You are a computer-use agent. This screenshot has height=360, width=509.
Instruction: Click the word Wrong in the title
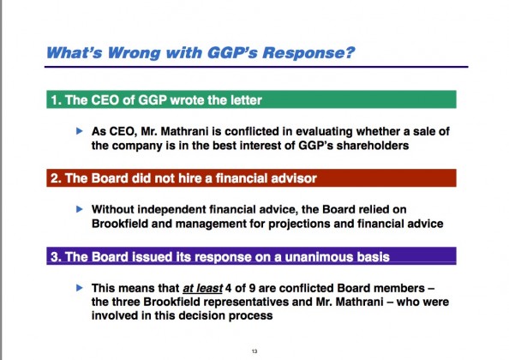click(134, 53)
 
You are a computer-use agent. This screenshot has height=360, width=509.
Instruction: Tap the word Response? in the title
click(308, 53)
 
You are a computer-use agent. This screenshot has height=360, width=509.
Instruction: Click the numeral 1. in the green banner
click(56, 100)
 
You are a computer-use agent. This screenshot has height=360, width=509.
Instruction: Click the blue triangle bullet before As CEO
click(79, 131)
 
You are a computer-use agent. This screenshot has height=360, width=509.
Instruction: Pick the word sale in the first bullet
click(426, 131)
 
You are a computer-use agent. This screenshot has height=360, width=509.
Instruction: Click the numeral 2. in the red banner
click(57, 178)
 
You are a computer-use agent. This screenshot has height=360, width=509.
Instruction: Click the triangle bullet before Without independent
click(79, 209)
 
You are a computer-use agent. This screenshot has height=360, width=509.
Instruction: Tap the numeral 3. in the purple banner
click(57, 257)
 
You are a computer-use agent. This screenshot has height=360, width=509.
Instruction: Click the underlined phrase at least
click(202, 288)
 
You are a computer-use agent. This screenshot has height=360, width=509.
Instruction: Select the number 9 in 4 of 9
click(252, 288)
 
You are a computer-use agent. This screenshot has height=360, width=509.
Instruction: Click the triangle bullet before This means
click(79, 288)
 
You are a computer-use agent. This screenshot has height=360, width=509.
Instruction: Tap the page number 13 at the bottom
click(254, 351)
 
